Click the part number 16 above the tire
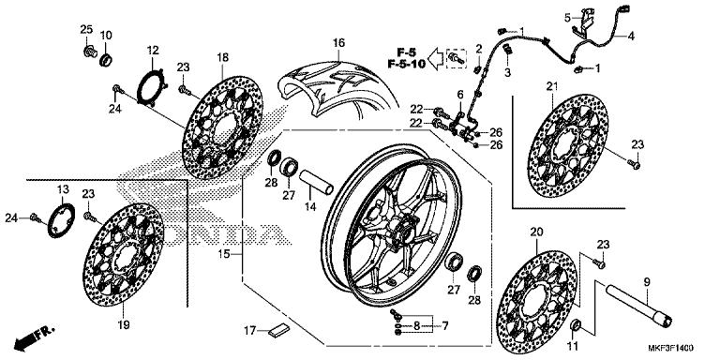(x=338, y=43)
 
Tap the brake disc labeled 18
(x=222, y=128)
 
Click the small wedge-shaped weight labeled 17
(x=279, y=331)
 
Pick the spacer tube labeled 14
(x=316, y=183)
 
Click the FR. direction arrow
(x=35, y=337)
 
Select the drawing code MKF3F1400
(x=670, y=348)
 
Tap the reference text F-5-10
(x=406, y=64)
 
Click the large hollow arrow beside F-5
(x=437, y=58)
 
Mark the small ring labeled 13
(x=61, y=220)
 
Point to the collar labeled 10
(x=106, y=59)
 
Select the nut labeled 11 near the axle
(x=576, y=325)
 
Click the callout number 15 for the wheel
(x=224, y=253)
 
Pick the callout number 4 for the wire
(x=631, y=36)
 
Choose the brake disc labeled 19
(x=123, y=255)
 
